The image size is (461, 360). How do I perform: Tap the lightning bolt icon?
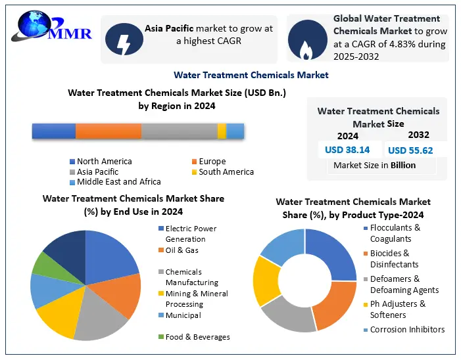[123, 39]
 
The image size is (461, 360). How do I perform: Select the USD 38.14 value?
[347, 150]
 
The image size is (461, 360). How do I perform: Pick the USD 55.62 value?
[410, 150]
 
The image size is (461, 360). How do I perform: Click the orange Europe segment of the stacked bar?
[108, 131]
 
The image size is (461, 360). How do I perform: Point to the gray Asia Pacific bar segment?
[179, 131]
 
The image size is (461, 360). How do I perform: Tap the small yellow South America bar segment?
[222, 131]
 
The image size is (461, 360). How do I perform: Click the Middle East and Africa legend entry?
[118, 182]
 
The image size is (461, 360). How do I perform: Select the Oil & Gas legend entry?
[182, 250]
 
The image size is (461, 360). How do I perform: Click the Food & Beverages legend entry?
[197, 337]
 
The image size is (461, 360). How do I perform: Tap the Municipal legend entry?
[183, 315]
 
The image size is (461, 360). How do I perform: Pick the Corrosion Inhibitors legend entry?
[407, 330]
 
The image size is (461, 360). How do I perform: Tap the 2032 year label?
[418, 135]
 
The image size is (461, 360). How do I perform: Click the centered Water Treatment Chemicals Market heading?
[251, 75]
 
